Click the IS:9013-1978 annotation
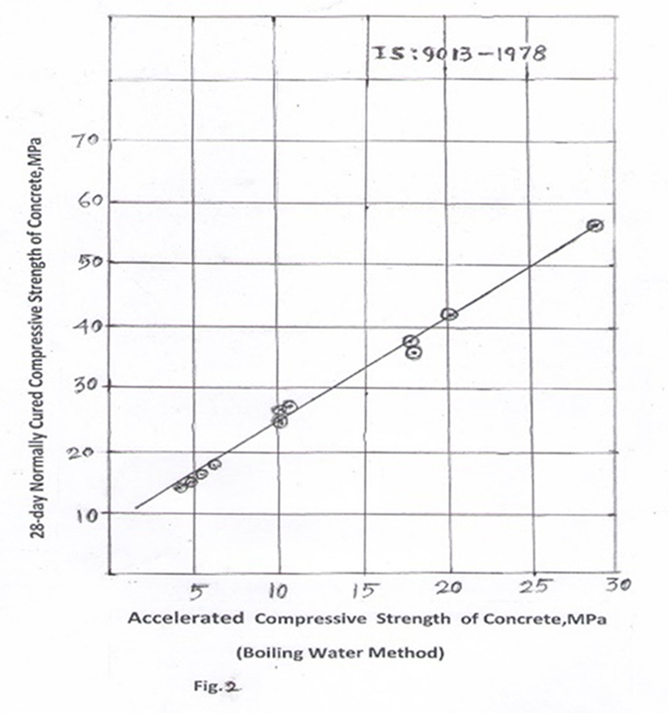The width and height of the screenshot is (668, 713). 458,53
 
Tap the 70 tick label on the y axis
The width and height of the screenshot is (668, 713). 87,141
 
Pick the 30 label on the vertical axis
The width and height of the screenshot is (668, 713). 87,386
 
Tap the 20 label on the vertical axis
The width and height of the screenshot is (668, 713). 87,451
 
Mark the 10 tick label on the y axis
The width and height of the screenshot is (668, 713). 87,513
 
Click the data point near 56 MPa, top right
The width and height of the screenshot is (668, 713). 595,225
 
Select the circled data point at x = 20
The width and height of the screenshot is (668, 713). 449,314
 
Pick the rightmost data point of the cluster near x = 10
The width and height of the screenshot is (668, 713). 289,405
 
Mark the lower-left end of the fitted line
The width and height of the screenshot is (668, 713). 136,508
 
